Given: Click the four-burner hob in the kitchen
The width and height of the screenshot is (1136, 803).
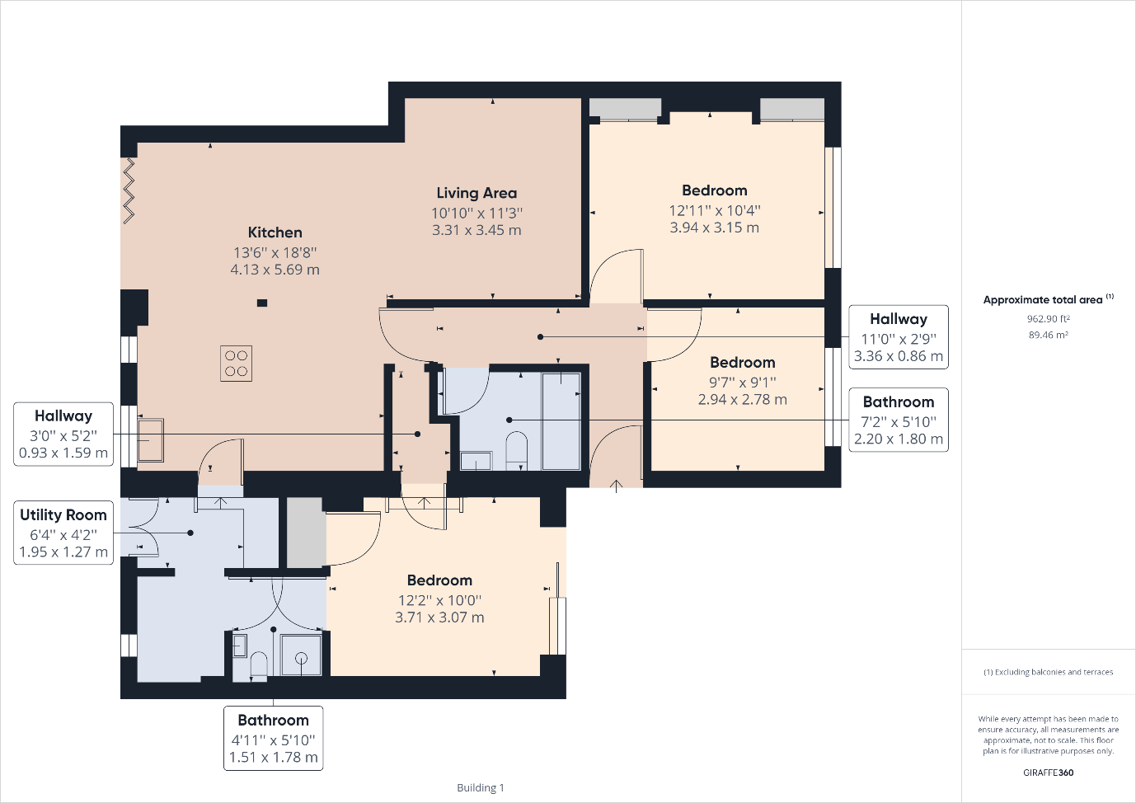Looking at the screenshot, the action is (x=237, y=364).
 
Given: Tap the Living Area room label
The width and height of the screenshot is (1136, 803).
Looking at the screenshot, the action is (x=476, y=193).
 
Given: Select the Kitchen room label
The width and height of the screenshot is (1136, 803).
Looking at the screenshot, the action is (x=275, y=232).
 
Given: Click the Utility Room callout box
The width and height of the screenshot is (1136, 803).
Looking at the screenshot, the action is (x=63, y=533).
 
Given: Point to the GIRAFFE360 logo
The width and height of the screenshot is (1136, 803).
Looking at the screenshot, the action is (x=1049, y=772).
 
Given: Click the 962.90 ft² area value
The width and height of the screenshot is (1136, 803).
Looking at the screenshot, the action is (x=1049, y=318).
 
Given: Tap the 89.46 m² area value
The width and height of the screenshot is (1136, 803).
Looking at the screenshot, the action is (x=1049, y=335).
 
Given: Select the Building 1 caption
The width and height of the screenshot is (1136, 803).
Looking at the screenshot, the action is (x=481, y=787).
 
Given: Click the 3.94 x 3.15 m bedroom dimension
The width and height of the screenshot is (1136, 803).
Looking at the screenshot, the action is (x=715, y=228).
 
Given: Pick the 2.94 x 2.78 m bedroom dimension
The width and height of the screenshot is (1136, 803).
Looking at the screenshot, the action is (x=743, y=399).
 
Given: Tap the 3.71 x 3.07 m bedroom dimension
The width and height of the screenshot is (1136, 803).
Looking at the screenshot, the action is (x=439, y=618).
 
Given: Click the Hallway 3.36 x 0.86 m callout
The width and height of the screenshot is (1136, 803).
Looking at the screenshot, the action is (x=899, y=337).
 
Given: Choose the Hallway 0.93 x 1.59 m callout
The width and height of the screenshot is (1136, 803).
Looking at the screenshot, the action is (x=63, y=434).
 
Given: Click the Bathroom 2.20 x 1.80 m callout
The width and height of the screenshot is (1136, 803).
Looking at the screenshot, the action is (x=899, y=420).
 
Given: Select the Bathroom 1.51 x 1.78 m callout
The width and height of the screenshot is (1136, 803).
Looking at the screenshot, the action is (x=274, y=738).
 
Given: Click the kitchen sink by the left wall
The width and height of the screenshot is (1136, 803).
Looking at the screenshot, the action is (x=151, y=439).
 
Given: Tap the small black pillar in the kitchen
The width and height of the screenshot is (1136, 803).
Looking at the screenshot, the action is (x=261, y=303).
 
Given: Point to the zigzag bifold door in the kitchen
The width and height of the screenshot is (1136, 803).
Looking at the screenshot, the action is (x=129, y=190).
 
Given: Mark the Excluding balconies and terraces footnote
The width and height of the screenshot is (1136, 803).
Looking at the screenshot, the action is (x=1049, y=672).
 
